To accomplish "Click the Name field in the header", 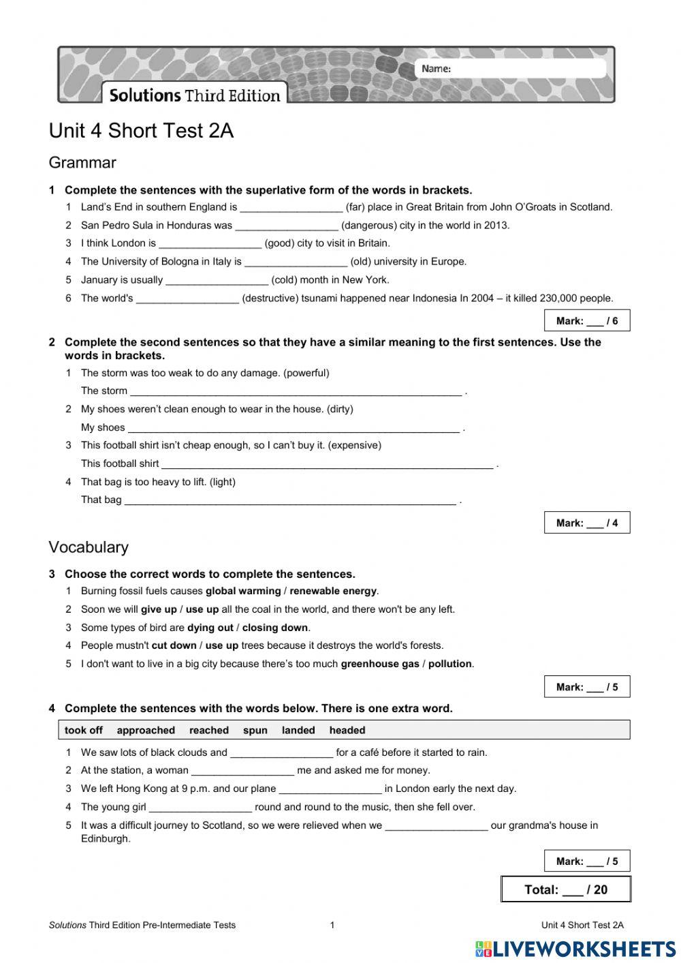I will point(524,69).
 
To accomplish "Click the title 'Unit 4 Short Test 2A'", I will point(141,131).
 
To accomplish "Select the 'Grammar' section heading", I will point(82,163).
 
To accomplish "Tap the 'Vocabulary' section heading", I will point(89,547).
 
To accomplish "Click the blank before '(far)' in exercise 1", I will point(291,208).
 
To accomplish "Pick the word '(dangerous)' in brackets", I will point(368,226).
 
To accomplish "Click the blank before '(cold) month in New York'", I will point(217,280).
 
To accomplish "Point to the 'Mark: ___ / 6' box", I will point(586,321).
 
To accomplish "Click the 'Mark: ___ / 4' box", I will point(586,523).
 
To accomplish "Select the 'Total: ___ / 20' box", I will point(565,889).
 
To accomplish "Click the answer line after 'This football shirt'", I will point(327,464).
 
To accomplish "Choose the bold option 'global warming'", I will point(243,592).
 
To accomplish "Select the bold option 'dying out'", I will point(210,628).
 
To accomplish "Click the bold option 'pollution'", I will point(449,664).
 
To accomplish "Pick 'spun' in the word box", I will point(255,731).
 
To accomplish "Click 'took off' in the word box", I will point(84,731).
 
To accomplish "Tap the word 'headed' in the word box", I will point(347,731).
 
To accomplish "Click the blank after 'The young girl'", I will point(200,808).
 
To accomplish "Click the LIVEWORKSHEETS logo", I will point(575,949).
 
